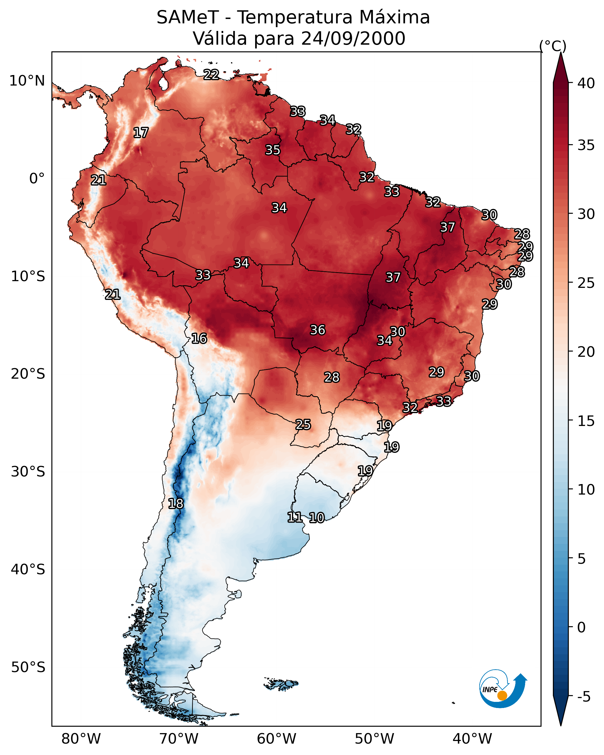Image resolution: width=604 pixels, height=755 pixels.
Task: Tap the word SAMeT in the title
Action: pos(188,18)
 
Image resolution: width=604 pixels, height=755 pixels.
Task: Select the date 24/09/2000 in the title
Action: pos(353,39)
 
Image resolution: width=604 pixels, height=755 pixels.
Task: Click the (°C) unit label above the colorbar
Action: pos(553,46)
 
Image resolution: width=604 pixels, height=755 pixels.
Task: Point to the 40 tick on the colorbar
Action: pos(586,83)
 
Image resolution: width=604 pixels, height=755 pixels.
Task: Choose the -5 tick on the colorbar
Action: pos(584,697)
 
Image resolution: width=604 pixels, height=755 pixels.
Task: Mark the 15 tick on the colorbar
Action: pos(586,421)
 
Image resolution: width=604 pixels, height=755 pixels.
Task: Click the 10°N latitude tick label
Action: pos(27,81)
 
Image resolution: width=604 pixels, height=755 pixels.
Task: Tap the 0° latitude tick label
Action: pos(37,179)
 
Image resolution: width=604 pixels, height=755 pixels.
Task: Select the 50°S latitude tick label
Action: pos(28,667)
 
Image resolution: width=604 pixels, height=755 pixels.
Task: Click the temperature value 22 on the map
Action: pos(211,74)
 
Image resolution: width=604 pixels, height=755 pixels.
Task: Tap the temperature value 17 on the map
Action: pos(141,133)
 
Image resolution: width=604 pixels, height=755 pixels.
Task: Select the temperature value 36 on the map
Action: pos(318,330)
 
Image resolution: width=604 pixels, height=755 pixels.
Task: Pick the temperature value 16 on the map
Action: pos(199,338)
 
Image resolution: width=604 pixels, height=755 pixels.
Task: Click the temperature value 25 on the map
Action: pos(303,425)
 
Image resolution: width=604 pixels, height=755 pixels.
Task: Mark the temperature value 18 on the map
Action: pos(176,504)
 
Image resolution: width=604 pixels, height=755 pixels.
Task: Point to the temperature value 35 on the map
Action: pos(273,150)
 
